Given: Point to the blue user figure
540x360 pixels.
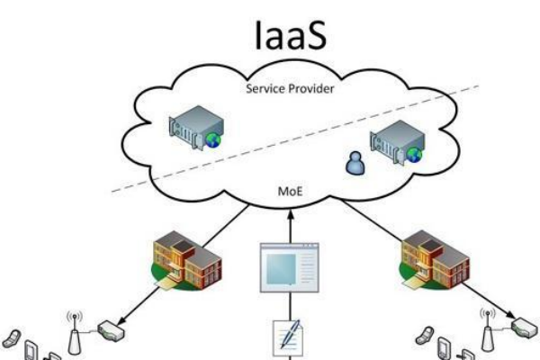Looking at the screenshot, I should coord(354,163).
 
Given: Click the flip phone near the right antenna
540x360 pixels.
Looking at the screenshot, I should coord(422,337).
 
